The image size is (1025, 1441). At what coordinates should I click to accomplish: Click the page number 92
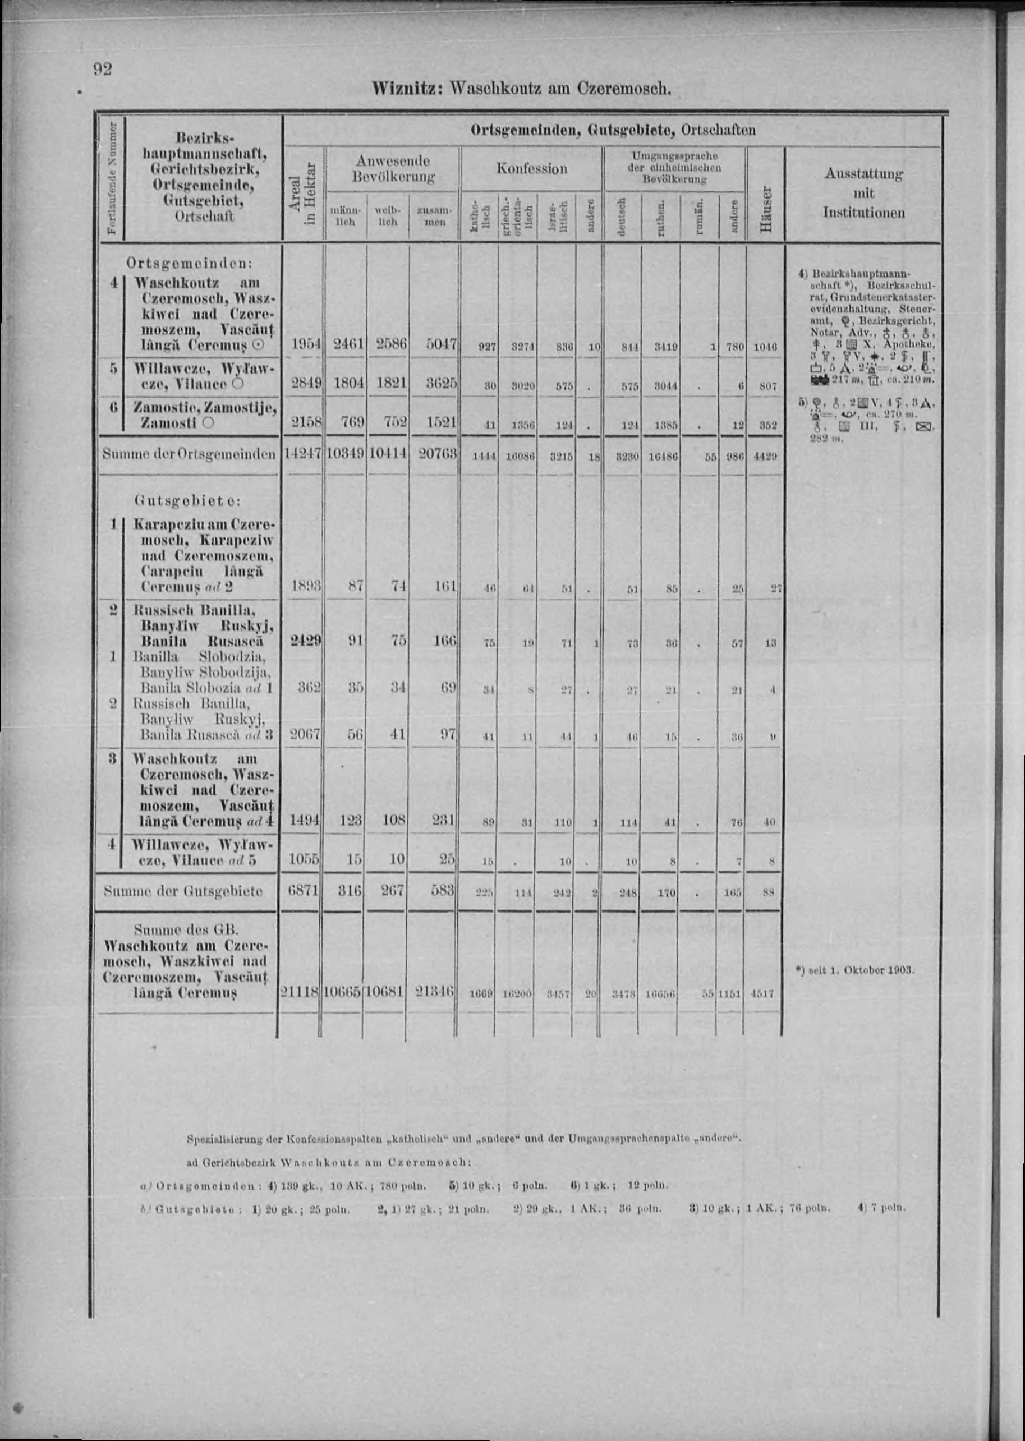point(103,69)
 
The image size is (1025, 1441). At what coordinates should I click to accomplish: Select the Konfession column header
point(531,168)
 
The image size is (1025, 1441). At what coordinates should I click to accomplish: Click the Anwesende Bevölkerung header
point(393,168)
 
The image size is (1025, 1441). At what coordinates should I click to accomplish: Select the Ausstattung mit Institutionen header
point(863,193)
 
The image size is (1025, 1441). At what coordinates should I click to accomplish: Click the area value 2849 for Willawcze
point(304,384)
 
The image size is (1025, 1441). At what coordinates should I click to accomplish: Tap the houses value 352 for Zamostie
point(767,426)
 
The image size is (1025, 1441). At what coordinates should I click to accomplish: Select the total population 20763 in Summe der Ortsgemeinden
point(435,454)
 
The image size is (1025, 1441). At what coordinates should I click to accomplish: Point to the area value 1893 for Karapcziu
point(304,587)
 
